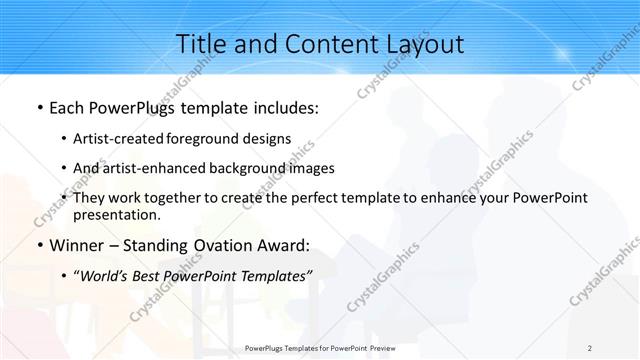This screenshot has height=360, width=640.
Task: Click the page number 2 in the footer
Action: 590,348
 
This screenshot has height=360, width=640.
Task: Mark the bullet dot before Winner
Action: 39,245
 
